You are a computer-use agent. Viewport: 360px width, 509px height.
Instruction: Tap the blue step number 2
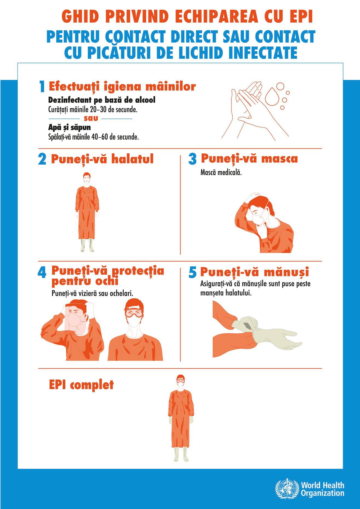click(x=42, y=160)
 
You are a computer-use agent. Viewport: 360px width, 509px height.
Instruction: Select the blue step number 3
click(x=193, y=159)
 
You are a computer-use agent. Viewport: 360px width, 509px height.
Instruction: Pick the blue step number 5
click(x=193, y=272)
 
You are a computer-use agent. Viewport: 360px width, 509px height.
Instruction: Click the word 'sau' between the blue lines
click(x=91, y=118)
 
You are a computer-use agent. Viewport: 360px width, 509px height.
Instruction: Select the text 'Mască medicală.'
click(x=221, y=173)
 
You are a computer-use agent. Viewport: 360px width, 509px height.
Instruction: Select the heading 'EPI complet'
click(x=81, y=385)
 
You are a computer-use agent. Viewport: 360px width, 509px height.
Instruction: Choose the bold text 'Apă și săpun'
click(x=69, y=128)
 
